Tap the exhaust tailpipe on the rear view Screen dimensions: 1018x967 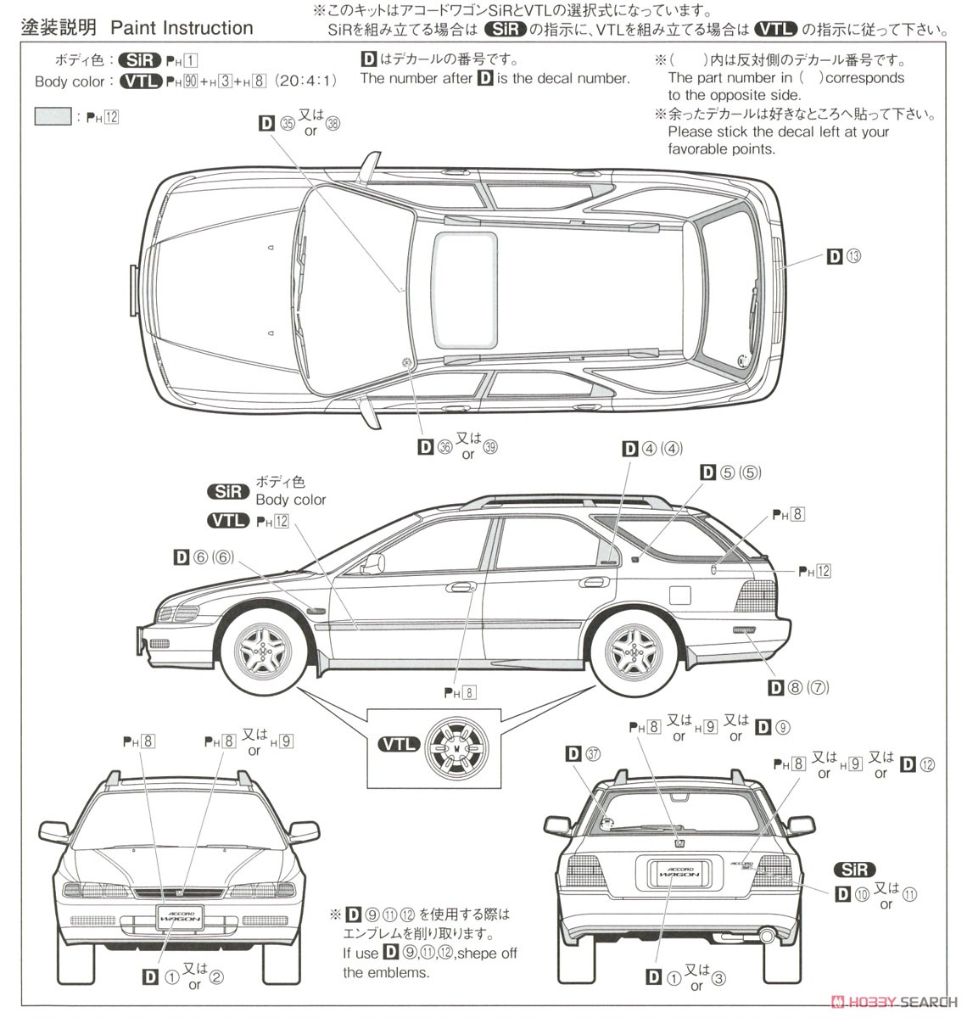point(767,937)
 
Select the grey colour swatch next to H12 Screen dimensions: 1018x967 point(53,116)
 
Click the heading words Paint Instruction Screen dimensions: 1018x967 point(182,28)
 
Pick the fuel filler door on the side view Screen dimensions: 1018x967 point(679,594)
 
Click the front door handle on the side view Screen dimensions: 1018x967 point(461,586)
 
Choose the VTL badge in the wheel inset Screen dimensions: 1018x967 point(398,744)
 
